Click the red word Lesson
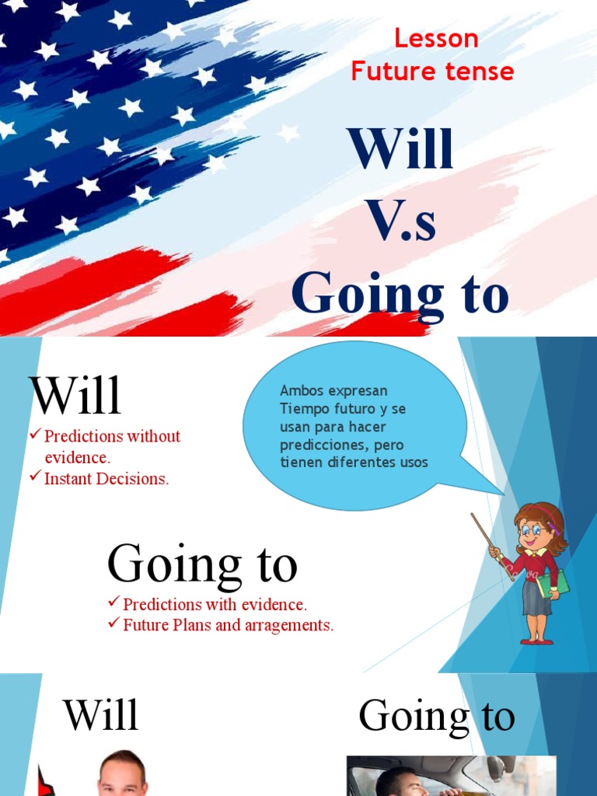pyautogui.click(x=435, y=38)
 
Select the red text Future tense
pyautogui.click(x=432, y=72)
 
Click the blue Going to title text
pyautogui.click(x=400, y=295)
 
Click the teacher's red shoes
pyautogui.click(x=536, y=641)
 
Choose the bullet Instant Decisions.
pyautogui.click(x=106, y=479)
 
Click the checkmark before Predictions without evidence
pyautogui.click(x=35, y=435)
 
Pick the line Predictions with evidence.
pyautogui.click(x=215, y=604)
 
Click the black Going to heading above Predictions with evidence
pyautogui.click(x=202, y=565)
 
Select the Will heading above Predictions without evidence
pyautogui.click(x=75, y=396)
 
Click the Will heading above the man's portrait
pyautogui.click(x=101, y=715)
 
